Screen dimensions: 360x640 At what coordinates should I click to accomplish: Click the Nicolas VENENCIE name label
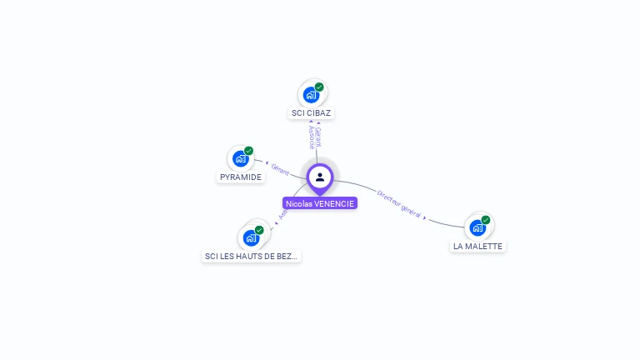click(x=320, y=203)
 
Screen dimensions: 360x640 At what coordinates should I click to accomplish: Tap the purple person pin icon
click(x=320, y=177)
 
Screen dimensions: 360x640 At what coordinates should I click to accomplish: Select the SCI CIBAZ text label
click(x=312, y=112)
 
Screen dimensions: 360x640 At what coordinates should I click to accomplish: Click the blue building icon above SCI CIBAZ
click(x=311, y=94)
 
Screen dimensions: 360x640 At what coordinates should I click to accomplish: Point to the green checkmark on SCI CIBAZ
click(x=319, y=87)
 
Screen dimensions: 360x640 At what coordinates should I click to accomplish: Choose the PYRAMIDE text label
click(x=241, y=177)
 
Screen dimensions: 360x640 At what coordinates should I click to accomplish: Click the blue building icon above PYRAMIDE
click(x=240, y=158)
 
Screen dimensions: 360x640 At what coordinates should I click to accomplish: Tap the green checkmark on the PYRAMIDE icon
click(x=248, y=151)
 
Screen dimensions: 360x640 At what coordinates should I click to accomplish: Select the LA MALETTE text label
click(x=477, y=246)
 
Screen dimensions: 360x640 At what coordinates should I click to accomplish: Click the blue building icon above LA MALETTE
click(x=477, y=227)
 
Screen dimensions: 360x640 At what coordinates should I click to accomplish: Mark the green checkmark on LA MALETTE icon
click(x=486, y=220)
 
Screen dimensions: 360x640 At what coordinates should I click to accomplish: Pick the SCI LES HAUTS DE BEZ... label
click(x=251, y=256)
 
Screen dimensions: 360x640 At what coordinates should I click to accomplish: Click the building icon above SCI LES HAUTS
click(x=250, y=237)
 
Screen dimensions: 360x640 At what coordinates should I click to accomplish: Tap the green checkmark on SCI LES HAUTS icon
click(x=259, y=230)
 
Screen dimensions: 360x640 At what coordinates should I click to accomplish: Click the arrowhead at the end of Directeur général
click(x=426, y=217)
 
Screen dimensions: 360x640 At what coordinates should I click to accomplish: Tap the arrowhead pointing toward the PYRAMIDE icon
click(x=266, y=163)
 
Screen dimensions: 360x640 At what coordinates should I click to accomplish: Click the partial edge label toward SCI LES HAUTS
click(x=282, y=213)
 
